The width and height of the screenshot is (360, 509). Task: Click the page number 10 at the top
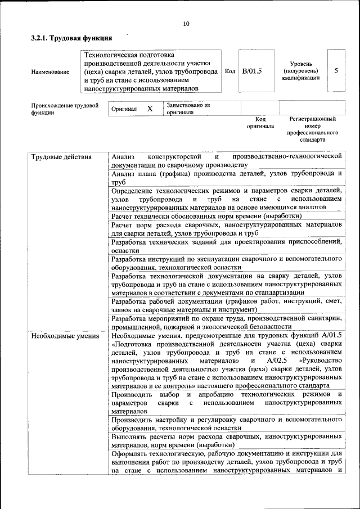186,23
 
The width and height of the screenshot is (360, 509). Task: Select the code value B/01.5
252,71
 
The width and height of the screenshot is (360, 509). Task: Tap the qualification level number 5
336,71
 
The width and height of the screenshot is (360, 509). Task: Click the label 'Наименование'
51,72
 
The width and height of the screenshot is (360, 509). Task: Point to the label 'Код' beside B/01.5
229,71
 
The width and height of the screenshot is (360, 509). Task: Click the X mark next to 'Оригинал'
150,108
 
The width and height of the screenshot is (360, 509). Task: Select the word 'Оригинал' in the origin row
124,109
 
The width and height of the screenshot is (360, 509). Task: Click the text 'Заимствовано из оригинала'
188,108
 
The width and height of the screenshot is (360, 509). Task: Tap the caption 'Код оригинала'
260,123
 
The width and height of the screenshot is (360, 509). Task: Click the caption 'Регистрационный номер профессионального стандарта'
312,129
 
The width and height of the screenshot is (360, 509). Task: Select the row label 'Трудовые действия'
61,156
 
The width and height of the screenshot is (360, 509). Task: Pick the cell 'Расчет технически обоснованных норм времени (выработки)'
206,216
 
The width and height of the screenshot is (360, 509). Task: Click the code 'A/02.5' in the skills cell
277,360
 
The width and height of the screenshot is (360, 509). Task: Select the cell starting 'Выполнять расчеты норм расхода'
226,440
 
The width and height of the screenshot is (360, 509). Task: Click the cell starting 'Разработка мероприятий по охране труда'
226,322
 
